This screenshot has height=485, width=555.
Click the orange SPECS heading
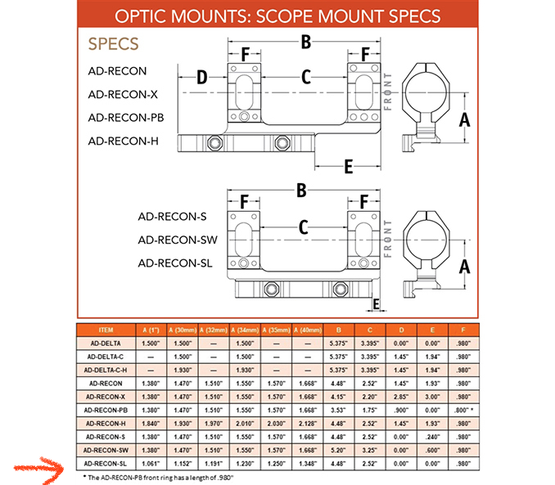pos(113,44)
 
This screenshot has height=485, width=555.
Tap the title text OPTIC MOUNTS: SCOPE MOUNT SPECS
pos(278,16)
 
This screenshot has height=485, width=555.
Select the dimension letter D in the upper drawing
pos(201,78)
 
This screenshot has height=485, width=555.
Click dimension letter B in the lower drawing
pos(302,190)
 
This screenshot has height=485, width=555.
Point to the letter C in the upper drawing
pos(305,78)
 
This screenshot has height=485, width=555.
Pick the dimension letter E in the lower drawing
pos(377,304)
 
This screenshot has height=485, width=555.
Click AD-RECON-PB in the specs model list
pos(126,118)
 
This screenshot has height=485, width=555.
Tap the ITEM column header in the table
pos(106,330)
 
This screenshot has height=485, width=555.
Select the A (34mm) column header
pos(246,330)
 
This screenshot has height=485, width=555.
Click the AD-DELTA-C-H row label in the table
pos(106,369)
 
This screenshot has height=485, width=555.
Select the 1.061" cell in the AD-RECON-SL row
pos(151,462)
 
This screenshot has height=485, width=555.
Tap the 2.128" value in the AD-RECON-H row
pos(307,422)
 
